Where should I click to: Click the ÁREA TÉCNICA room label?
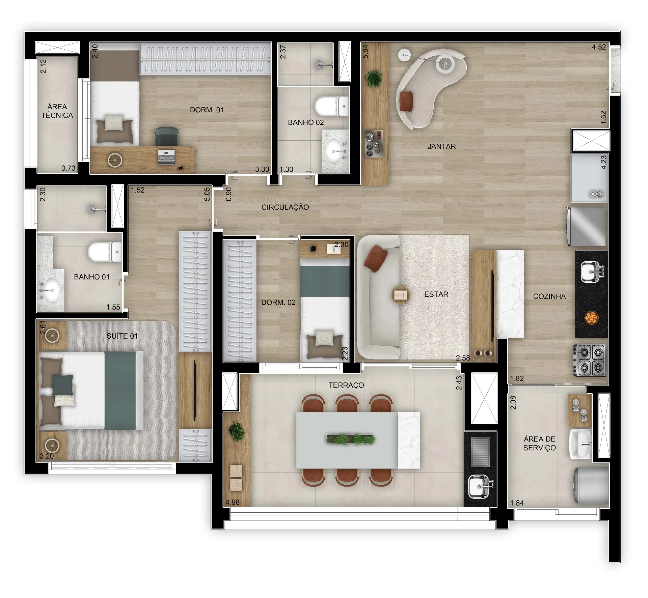[x=57, y=111]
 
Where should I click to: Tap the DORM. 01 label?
[x=207, y=110]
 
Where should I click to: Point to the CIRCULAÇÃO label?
[x=285, y=207]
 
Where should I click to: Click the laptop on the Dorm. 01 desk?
[x=166, y=157]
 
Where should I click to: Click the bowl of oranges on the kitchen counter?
[x=591, y=317]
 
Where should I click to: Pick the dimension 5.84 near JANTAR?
[x=365, y=52]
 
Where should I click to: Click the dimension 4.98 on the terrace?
[x=233, y=502]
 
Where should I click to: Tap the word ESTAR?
[x=436, y=294]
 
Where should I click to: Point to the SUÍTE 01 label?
[x=122, y=336]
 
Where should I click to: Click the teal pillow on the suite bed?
[x=62, y=385]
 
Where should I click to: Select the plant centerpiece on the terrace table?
[x=350, y=439]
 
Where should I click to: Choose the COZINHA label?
[x=549, y=296]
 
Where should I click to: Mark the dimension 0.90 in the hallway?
[x=228, y=194]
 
